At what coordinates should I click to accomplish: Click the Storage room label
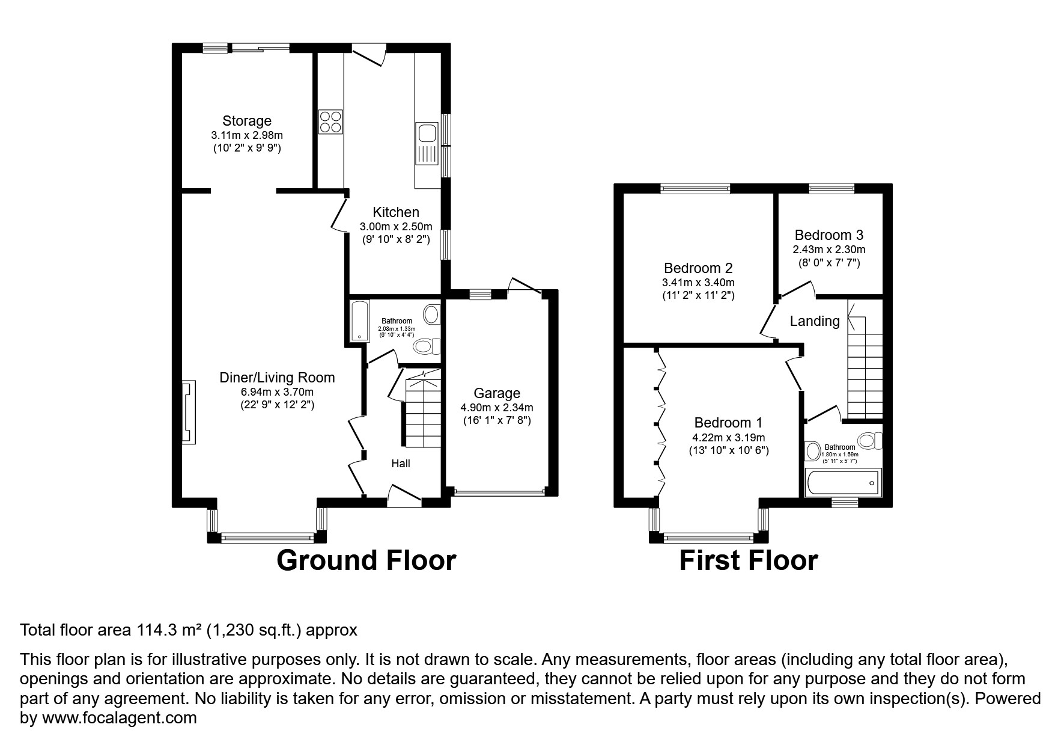pos(247,121)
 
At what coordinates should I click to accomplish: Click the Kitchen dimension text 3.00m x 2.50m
pos(395,227)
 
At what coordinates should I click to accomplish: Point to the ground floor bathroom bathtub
pos(357,320)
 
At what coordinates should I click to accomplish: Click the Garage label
pos(496,393)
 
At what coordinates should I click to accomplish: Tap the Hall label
pos(401,464)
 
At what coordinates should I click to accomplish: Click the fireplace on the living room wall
pos(189,412)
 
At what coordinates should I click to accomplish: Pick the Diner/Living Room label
pos(277,378)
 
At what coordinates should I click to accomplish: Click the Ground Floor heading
pos(366,560)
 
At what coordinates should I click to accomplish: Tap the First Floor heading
pos(748,560)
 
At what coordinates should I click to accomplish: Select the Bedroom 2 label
pos(698,268)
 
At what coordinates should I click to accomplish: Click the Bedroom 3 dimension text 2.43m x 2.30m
pos(828,250)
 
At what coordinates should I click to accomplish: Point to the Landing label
pos(814,321)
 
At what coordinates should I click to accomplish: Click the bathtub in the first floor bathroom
pos(844,482)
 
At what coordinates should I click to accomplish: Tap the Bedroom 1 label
pos(728,423)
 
